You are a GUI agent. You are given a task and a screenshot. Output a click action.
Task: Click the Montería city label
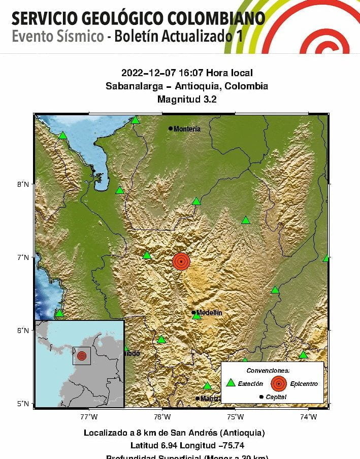pos(187,129)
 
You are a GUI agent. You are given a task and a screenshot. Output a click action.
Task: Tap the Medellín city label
pos(209,313)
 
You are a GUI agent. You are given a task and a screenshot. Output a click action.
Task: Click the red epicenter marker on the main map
pos(181,261)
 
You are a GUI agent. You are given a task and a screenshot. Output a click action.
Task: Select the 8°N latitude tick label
pos(23,184)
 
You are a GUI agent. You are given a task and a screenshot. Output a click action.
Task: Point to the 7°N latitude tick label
pos(23,257)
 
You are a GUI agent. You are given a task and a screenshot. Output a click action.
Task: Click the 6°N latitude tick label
pos(23,331)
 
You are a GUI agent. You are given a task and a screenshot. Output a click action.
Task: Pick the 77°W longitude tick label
pos(89,417)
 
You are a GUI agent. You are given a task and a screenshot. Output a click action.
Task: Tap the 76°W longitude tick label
pos(162,417)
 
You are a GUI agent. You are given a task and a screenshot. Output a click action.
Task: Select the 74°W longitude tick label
pos(308,417)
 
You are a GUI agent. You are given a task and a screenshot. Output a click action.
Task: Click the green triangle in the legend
pos(231,383)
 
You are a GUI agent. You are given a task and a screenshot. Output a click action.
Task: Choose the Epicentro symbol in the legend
pos(278,383)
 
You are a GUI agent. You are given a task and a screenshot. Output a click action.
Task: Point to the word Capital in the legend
pos(276,397)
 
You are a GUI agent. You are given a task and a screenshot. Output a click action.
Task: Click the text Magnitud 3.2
pos(187,100)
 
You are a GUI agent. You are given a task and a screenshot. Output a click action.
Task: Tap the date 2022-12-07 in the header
pos(145,73)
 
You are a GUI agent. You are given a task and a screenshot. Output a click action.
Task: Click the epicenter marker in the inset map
pos(82,356)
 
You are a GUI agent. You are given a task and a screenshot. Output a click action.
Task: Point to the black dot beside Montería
pos(171,128)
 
